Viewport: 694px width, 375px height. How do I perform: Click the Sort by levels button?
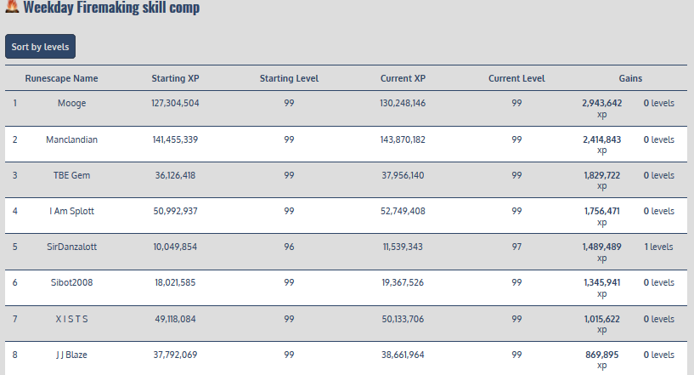pos(40,47)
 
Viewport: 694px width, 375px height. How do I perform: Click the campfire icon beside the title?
pos(12,9)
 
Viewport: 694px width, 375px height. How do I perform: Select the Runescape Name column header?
pos(61,78)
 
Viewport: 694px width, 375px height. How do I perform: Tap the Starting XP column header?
pos(175,78)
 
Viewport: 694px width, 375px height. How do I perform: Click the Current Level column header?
pos(516,78)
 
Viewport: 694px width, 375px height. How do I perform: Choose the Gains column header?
pos(630,78)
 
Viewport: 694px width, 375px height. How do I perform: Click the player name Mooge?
pos(71,103)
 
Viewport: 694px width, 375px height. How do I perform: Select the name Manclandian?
pos(71,139)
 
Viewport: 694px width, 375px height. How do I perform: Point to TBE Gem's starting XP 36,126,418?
pos(175,175)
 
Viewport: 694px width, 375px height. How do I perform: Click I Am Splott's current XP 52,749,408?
pos(403,211)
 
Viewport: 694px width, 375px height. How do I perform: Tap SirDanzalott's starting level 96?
pos(289,247)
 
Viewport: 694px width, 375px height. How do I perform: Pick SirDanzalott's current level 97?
pos(516,247)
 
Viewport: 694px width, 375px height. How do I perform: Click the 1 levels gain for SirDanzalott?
pos(657,247)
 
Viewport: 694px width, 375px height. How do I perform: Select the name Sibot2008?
pos(71,282)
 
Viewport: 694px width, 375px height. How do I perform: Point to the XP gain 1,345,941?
pos(602,282)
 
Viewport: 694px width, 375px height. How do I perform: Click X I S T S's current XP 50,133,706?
pos(403,319)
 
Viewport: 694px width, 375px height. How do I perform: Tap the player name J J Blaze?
pos(71,355)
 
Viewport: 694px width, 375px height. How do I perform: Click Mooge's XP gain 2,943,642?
pos(602,103)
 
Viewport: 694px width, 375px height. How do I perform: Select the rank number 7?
pos(14,319)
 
